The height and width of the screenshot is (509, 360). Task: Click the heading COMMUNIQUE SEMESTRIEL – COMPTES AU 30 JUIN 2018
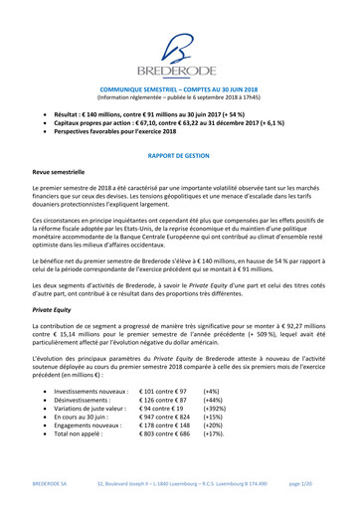(180, 88)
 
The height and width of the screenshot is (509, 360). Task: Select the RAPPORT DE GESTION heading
(180, 156)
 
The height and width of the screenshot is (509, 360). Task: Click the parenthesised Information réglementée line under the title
(180, 97)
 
